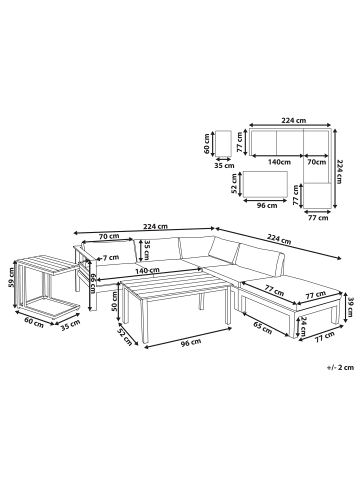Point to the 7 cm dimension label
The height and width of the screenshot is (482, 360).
(95, 257)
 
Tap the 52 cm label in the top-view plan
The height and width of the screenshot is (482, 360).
(232, 186)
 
